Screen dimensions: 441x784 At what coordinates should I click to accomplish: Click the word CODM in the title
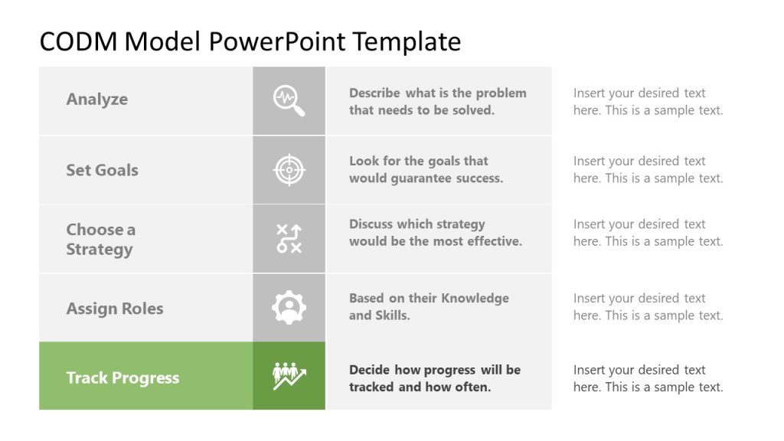click(79, 41)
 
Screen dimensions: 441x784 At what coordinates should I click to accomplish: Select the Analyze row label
click(97, 99)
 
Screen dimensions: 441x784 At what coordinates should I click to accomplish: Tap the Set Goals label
click(102, 170)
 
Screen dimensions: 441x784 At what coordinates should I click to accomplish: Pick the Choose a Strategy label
click(100, 239)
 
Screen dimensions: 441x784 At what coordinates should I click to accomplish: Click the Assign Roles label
click(115, 309)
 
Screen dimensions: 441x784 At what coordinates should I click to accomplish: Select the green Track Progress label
click(122, 377)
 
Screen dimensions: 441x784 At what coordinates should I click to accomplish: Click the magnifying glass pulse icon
click(289, 101)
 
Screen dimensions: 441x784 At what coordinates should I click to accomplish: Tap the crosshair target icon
click(289, 170)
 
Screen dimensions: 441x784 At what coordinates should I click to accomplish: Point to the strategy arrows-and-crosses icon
click(289, 239)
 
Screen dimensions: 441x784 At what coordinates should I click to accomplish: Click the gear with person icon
click(289, 308)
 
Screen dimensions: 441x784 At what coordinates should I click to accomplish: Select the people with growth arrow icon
click(289, 376)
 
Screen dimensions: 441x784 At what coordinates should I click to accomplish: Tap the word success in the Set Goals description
click(479, 178)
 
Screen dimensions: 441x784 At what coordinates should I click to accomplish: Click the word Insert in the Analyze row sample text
click(589, 93)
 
